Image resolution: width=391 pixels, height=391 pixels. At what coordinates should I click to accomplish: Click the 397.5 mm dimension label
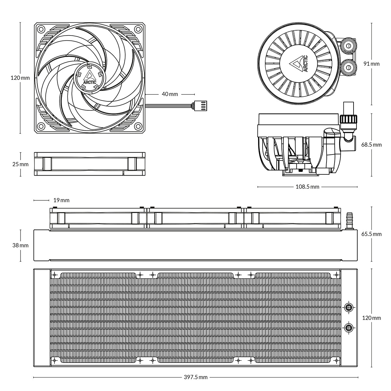[195, 377]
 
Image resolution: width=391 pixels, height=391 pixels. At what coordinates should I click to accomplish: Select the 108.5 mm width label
[307, 187]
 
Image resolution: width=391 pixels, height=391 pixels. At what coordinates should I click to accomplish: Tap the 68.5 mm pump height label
[371, 145]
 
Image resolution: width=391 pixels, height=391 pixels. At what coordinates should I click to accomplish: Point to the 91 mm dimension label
[371, 64]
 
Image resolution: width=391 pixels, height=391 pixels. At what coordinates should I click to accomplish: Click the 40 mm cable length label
[170, 94]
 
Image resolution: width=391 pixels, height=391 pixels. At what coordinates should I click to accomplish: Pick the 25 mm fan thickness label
[20, 164]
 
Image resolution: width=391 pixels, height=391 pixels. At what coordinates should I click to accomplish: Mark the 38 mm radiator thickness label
[20, 245]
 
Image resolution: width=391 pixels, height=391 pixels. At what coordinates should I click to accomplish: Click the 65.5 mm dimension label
[371, 234]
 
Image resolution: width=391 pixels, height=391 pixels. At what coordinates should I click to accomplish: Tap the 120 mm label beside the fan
[20, 78]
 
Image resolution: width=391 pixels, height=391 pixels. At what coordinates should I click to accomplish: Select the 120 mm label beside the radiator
[371, 318]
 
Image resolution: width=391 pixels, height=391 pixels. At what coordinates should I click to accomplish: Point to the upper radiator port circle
[349, 307]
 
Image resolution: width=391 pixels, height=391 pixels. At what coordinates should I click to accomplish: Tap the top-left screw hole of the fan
[41, 29]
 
